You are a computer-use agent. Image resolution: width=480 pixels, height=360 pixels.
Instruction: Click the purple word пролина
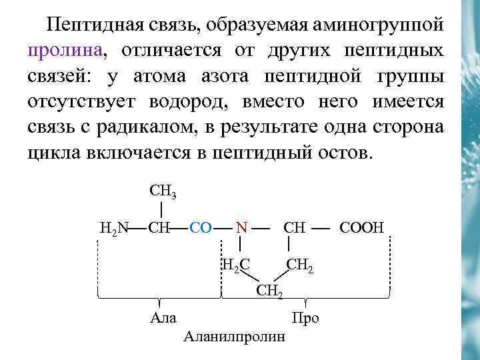pyautogui.click(x=65, y=51)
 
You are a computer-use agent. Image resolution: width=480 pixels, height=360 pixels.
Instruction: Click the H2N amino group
pyautogui.click(x=113, y=228)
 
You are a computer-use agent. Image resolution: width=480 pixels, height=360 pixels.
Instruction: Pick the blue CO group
pyautogui.click(x=201, y=228)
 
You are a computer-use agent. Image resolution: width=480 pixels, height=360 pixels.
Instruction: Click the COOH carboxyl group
pyautogui.click(x=362, y=228)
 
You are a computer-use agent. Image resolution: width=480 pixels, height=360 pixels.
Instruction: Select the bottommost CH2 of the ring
pyautogui.click(x=270, y=290)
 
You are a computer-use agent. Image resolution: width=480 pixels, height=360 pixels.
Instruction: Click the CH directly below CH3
pyautogui.click(x=160, y=228)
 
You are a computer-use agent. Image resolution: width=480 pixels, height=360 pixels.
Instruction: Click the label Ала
pyautogui.click(x=163, y=317)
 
